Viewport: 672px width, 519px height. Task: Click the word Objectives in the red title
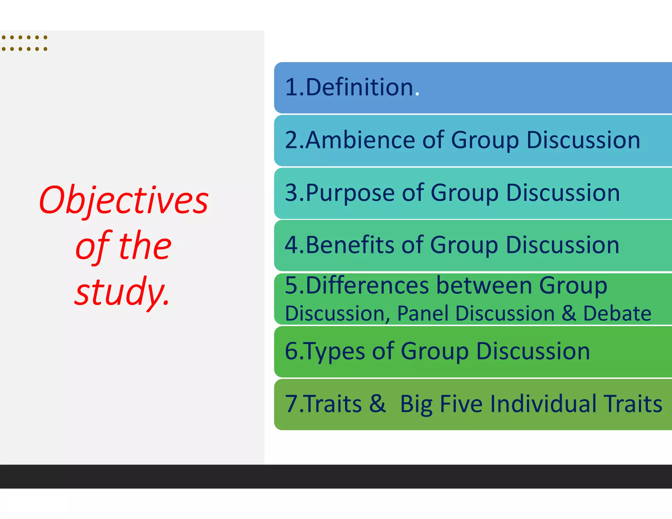point(124,200)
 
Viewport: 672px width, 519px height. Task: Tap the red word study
point(122,291)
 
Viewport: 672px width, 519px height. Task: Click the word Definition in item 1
point(359,87)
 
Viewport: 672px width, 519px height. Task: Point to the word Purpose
point(350,193)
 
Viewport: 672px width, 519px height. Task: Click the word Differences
point(367,285)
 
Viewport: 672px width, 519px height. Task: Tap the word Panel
point(422,313)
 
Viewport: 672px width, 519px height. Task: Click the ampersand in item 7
point(377,404)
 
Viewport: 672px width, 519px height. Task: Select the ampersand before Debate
point(569,313)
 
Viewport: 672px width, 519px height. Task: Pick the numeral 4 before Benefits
point(291,245)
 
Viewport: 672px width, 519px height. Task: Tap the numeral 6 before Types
point(291,351)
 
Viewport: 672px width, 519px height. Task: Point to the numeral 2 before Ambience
point(291,140)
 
